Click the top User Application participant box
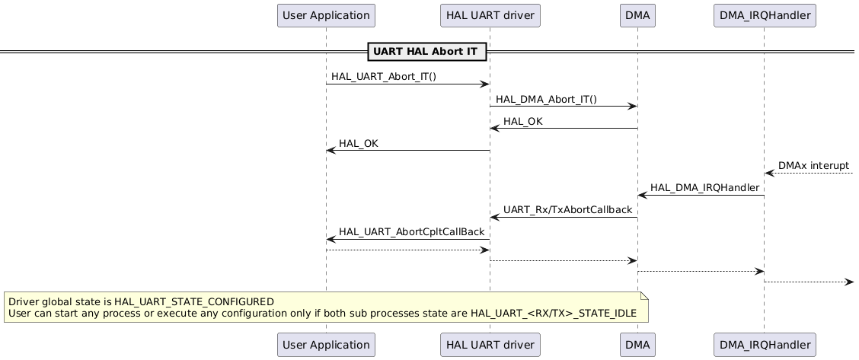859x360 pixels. [x=326, y=14]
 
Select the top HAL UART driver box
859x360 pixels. [x=490, y=14]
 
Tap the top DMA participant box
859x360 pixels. [x=637, y=14]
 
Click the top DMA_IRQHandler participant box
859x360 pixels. [x=764, y=14]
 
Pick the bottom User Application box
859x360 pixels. [x=326, y=344]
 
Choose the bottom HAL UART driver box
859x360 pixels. [x=490, y=344]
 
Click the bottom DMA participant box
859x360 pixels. [x=637, y=344]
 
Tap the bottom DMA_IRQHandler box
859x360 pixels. [x=764, y=344]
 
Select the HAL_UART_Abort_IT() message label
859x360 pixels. [x=384, y=77]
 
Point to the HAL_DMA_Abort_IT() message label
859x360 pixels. [x=546, y=99]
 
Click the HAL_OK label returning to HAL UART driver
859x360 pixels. [x=523, y=121]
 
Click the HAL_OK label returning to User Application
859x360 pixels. [x=358, y=143]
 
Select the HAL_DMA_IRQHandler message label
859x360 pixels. [x=704, y=187]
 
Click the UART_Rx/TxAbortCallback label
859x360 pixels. [x=567, y=209]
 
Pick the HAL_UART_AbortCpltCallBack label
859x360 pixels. [x=411, y=231]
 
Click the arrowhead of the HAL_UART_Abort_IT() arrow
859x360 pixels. [x=484, y=84]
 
